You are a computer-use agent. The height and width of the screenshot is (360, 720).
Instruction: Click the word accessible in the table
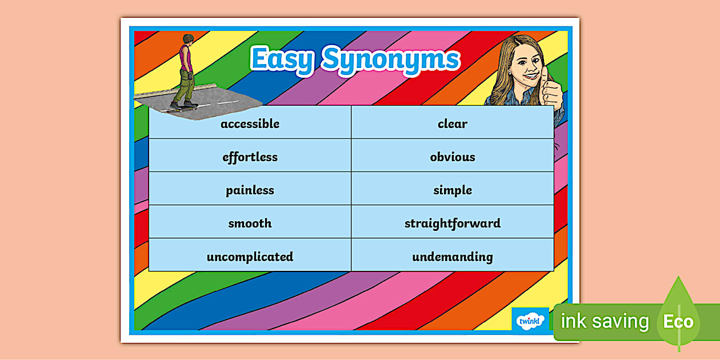(x=250, y=123)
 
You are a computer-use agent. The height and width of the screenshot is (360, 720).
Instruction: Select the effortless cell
(x=250, y=157)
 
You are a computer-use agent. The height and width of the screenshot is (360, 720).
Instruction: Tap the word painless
(x=250, y=190)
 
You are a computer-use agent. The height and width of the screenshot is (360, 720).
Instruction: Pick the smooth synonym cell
(x=250, y=223)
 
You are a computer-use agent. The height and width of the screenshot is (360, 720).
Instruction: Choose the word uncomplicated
(x=250, y=257)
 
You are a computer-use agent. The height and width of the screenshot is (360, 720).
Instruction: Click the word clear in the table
(x=453, y=123)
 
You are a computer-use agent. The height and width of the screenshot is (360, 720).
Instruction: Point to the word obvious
(x=453, y=157)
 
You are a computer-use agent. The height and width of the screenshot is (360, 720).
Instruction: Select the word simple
(x=453, y=190)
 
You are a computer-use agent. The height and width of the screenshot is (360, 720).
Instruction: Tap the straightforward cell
(x=453, y=223)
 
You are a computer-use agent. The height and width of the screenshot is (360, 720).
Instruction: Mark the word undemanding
(x=453, y=257)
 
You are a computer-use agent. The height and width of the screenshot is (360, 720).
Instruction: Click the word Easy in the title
(x=282, y=59)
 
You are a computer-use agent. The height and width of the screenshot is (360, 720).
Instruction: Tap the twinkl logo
(x=530, y=321)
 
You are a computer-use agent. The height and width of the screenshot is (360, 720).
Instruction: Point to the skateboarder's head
(x=187, y=39)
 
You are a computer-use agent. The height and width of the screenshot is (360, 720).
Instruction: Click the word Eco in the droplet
(x=678, y=322)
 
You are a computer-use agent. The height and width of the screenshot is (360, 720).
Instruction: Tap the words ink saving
(x=605, y=322)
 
